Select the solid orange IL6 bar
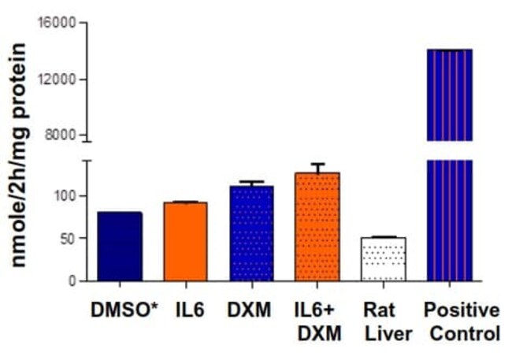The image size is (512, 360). click(x=185, y=242)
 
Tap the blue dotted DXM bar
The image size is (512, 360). click(x=251, y=234)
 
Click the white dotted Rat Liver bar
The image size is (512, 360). click(x=383, y=259)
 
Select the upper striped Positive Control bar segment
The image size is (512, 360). click(x=449, y=95)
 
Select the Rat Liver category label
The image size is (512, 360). click(x=384, y=321)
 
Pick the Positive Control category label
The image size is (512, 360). click(x=464, y=321)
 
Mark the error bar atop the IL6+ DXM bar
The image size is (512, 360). click(x=317, y=168)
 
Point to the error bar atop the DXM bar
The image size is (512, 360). click(x=251, y=184)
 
